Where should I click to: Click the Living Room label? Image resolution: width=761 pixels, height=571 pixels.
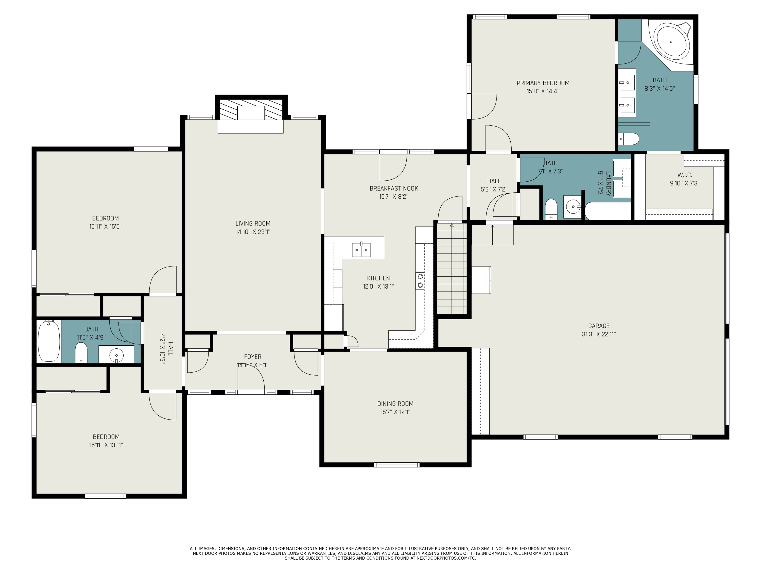(253, 223)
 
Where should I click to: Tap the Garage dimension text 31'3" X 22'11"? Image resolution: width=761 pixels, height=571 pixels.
(599, 334)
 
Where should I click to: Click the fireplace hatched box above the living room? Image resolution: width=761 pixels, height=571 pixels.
(251, 109)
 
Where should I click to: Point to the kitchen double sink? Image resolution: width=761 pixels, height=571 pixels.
(361, 249)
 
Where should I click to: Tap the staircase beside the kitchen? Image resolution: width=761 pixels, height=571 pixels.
(451, 268)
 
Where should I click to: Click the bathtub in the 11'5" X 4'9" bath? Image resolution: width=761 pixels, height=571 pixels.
(49, 341)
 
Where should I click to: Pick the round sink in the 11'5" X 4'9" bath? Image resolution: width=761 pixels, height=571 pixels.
(117, 355)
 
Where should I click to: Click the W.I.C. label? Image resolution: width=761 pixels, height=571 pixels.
(685, 175)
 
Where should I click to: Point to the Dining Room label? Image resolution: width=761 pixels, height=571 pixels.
(395, 404)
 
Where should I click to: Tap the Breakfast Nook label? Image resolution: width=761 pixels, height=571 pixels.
(394, 188)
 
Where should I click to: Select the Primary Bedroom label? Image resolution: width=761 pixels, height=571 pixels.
(543, 83)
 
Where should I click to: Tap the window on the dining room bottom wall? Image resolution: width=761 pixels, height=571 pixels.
(397, 465)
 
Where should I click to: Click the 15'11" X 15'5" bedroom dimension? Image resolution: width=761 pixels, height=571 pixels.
(105, 226)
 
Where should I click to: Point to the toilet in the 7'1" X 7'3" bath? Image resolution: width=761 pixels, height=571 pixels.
(551, 209)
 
